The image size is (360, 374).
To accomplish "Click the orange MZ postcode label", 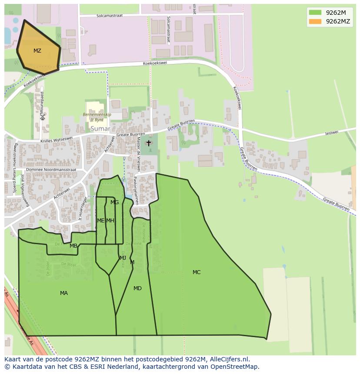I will tap(37, 51).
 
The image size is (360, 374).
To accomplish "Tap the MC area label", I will tap(197, 272).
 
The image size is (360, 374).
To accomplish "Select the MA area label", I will tap(64, 293).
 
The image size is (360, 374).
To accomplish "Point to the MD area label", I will tap(137, 288).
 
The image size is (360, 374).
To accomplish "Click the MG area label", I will tap(114, 202).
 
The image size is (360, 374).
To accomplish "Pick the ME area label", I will tap(100, 221).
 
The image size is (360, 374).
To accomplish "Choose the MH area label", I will tap(110, 221).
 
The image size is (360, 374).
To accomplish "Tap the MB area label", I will tap(73, 246).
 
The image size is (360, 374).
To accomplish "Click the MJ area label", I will tap(123, 258).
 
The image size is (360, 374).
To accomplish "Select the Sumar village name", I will tap(100, 129).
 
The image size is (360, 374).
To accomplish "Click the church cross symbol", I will tap(149, 143).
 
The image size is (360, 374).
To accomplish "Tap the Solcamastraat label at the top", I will tap(108, 16).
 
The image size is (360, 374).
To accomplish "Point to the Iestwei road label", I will tap(331, 133).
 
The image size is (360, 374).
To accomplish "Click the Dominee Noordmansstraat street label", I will tap(51, 169).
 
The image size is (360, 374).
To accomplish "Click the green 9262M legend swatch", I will tap(315, 12).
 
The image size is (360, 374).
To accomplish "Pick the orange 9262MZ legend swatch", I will tap(315, 21).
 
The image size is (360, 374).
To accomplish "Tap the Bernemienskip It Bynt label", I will tap(97, 117).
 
